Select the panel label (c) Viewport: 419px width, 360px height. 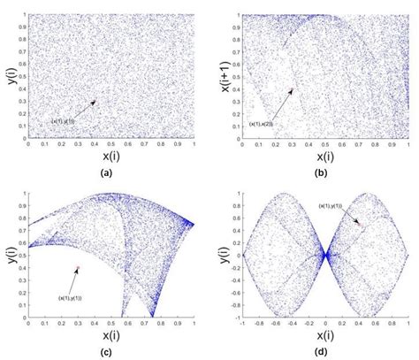click(106, 353)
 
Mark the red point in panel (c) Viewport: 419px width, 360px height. click(79, 267)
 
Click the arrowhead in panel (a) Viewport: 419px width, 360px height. click(95, 101)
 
